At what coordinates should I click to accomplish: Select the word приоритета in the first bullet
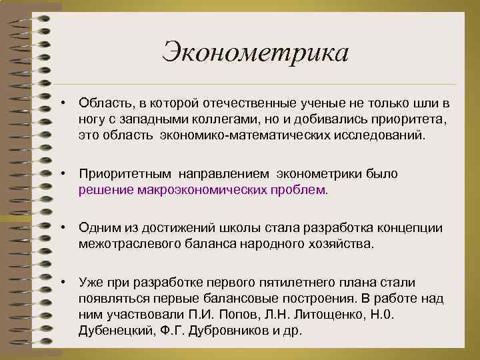(x=411, y=119)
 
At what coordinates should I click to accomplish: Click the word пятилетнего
(x=281, y=282)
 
